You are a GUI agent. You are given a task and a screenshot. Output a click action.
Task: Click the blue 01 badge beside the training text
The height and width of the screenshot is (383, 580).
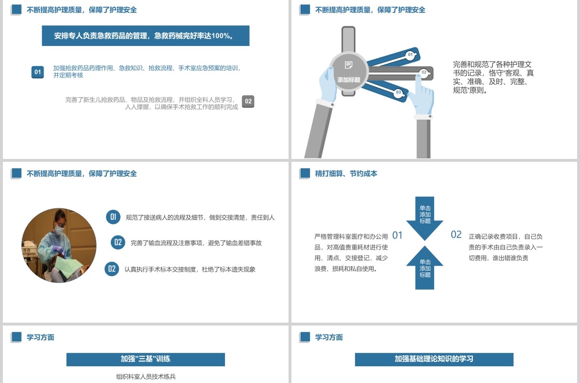point(37,72)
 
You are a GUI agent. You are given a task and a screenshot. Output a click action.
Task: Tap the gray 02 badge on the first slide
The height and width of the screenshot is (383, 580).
point(248,101)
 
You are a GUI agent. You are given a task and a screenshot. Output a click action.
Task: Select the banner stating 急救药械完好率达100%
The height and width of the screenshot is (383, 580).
point(145,36)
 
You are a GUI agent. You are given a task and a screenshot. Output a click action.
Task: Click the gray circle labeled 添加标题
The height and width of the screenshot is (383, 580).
point(348,72)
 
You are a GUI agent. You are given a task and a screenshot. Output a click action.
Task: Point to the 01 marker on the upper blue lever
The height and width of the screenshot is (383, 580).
point(410,55)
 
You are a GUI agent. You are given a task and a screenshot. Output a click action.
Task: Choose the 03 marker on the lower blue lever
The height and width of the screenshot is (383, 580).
point(399,92)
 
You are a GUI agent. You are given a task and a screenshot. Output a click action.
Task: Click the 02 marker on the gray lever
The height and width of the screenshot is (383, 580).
point(424,72)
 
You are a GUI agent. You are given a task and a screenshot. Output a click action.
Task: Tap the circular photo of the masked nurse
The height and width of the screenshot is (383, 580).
point(59,246)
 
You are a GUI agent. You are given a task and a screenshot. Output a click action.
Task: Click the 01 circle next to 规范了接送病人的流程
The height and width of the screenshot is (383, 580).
point(113,217)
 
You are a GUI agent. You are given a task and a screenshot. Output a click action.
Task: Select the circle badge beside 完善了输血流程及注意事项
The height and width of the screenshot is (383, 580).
point(118,242)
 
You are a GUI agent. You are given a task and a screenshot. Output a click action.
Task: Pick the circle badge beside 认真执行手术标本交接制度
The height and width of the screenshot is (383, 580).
point(112,269)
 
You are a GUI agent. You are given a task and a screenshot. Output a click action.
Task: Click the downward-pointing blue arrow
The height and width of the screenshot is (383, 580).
point(424,218)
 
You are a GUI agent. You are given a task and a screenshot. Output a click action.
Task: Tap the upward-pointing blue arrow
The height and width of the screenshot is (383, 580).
point(424,268)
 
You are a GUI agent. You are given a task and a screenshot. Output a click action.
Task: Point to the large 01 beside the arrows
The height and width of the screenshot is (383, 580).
point(397,236)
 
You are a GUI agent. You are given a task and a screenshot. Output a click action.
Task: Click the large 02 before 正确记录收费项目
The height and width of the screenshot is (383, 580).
point(456,235)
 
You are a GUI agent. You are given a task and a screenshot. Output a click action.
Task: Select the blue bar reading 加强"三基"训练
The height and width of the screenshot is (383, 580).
point(145,360)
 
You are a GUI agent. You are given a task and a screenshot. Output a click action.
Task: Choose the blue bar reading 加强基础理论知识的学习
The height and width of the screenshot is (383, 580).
point(434,360)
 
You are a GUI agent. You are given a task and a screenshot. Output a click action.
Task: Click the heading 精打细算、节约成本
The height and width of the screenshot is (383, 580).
point(346,173)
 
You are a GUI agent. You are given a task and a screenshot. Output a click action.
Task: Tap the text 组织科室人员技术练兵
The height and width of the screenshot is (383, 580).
point(146,376)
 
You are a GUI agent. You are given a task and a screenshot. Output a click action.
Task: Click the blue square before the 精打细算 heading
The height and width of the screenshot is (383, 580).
point(305,173)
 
